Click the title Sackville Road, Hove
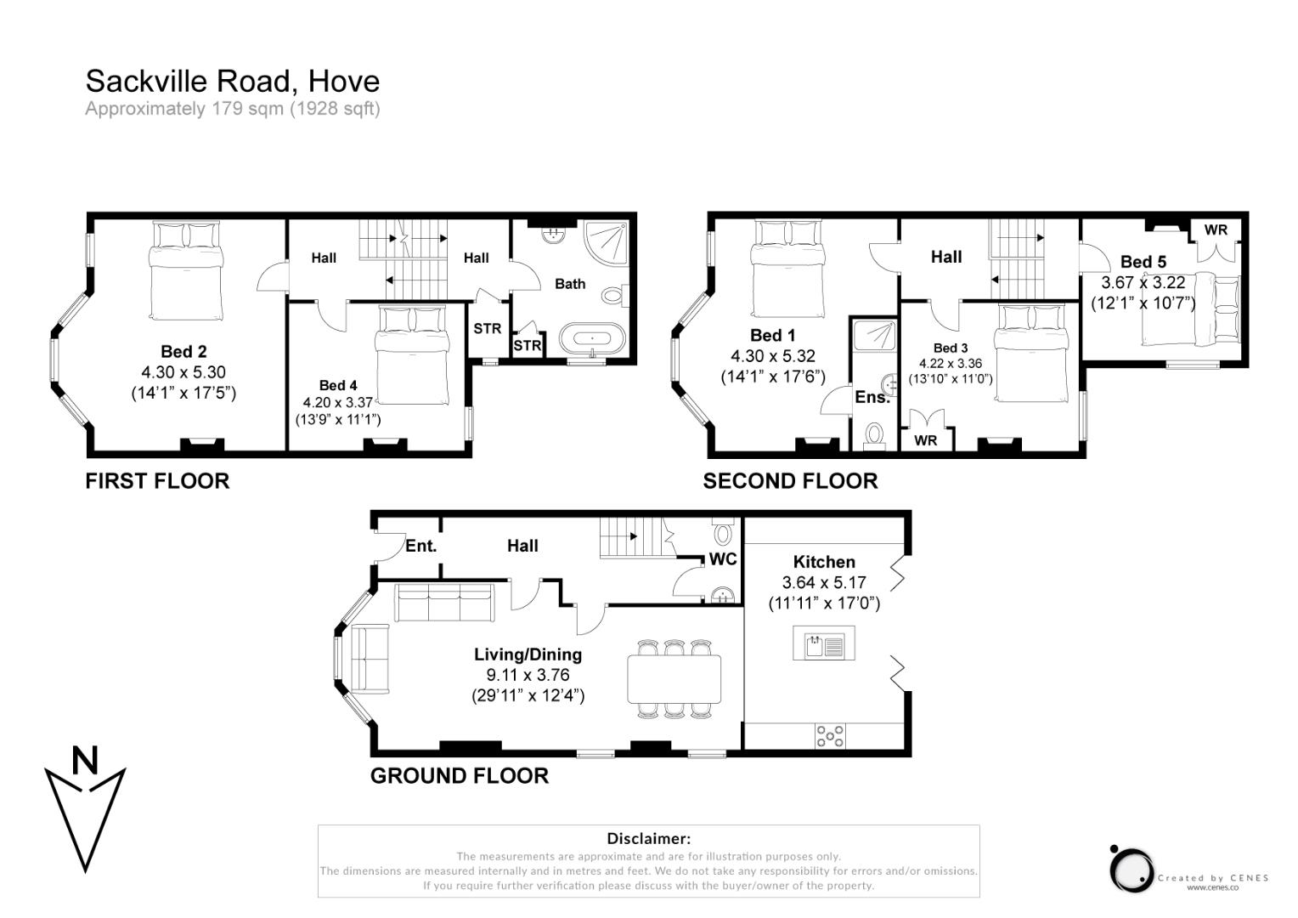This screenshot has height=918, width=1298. [232, 81]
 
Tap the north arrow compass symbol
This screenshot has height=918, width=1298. [85, 807]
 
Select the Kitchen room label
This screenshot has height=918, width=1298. [823, 562]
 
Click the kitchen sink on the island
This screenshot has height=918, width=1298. [823, 643]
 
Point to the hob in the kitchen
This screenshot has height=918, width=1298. [830, 736]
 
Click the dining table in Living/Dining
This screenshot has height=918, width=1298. [674, 678]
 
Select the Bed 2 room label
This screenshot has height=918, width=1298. [183, 351]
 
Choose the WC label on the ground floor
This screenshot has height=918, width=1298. [723, 558]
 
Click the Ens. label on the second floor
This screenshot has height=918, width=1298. [872, 397]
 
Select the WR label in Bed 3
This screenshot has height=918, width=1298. [926, 440]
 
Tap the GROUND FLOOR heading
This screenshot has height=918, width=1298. [459, 775]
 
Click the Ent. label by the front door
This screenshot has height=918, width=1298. [420, 546]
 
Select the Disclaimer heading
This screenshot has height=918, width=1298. [648, 839]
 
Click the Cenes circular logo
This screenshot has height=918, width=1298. [1131, 869]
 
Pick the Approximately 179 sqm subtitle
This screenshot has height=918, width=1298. [232, 109]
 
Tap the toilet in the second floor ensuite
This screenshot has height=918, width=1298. [873, 435]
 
